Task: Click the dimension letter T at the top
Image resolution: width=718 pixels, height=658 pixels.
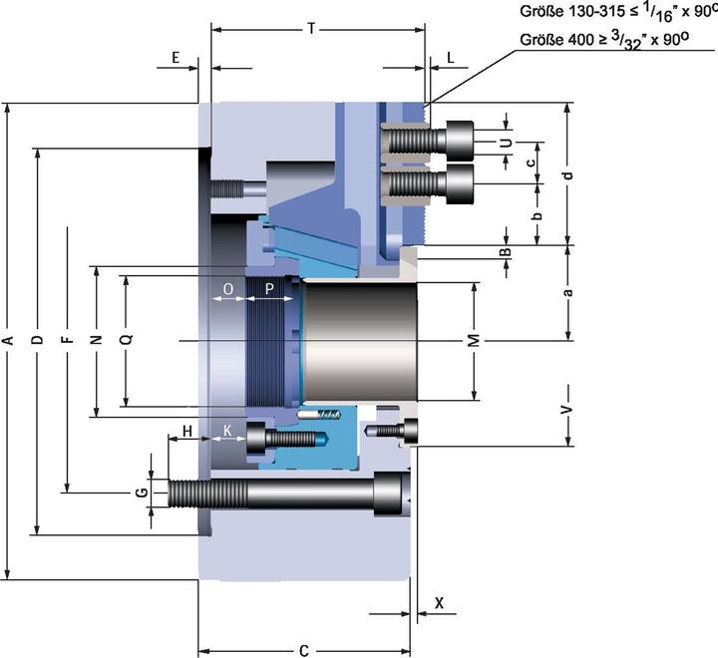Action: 311,29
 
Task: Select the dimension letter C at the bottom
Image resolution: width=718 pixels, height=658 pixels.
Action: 304,651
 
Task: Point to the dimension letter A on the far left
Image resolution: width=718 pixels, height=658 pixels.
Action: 7,340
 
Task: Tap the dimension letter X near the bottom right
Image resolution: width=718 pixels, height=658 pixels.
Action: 439,603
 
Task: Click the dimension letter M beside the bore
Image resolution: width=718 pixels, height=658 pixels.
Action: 475,341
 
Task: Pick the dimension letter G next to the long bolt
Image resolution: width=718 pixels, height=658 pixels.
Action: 143,493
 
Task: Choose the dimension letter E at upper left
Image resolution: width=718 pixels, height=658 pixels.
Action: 176,58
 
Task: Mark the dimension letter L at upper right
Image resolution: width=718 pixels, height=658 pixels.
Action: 451,58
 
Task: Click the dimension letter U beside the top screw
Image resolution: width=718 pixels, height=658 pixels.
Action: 506,143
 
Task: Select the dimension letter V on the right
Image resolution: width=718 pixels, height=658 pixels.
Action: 567,409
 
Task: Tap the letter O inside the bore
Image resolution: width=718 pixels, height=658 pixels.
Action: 227,289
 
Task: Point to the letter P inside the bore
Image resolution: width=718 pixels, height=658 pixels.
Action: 269,289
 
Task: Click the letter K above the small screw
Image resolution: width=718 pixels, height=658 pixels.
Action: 227,431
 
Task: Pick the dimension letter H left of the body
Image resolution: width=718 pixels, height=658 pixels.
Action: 186,431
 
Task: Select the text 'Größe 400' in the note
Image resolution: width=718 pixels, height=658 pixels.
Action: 553,40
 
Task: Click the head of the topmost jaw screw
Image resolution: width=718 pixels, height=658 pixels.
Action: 460,141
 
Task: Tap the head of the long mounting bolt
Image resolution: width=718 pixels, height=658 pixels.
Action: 392,493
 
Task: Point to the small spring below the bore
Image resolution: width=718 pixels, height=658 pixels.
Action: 329,415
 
